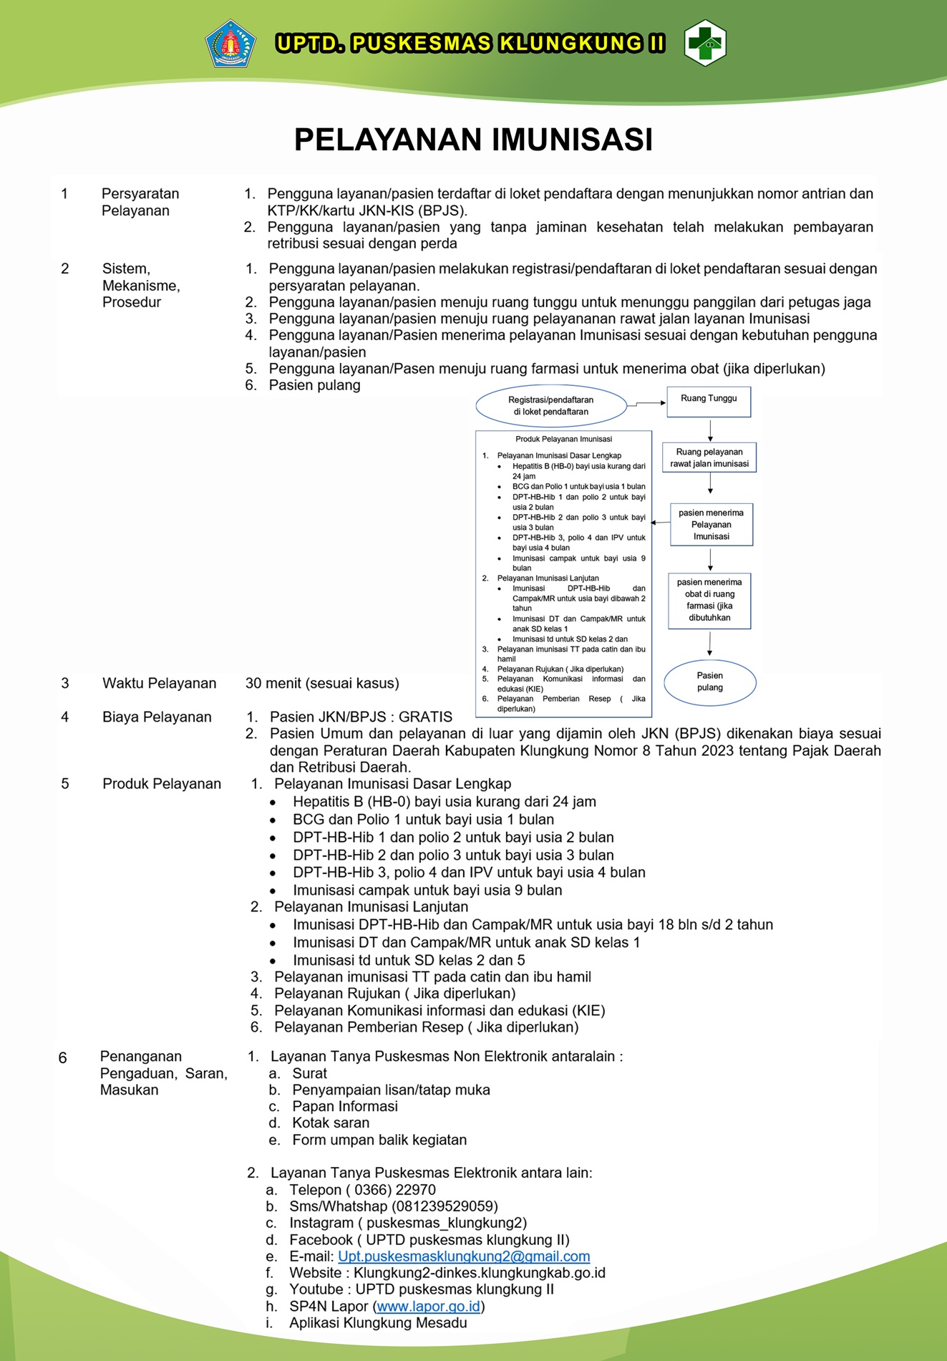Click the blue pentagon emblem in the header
point(230,44)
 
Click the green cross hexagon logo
point(705,44)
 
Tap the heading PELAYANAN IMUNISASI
point(473,140)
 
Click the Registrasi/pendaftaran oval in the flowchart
point(550,406)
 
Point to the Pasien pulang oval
point(709,682)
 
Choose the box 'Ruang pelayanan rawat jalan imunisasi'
point(709,457)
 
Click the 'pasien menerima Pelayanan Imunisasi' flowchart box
point(711,525)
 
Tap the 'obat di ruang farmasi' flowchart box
point(709,601)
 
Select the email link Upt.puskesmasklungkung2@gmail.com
point(464,1256)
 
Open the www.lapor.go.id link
point(428,1307)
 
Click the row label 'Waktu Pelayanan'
point(159,683)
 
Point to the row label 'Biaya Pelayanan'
point(157,717)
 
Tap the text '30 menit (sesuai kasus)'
point(322,683)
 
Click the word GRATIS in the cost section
point(425,717)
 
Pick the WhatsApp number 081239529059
point(443,1206)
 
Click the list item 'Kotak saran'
point(331,1123)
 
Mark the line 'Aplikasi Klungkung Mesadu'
point(378,1323)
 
